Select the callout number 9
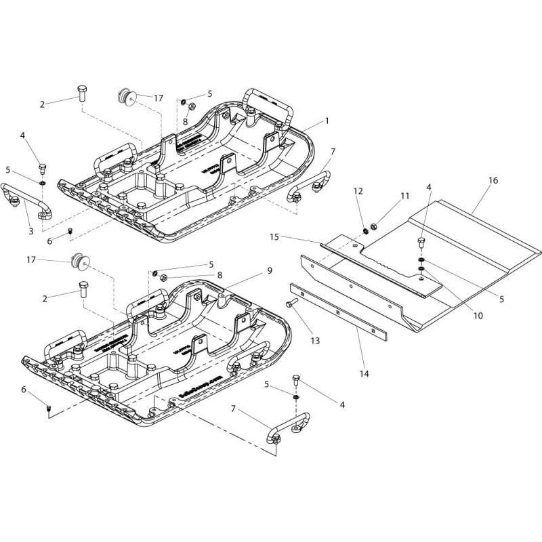point(269,270)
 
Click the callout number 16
point(493,181)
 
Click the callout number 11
point(404,196)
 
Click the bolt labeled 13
point(292,303)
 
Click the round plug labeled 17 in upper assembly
point(125,96)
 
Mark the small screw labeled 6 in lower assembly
point(49,406)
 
